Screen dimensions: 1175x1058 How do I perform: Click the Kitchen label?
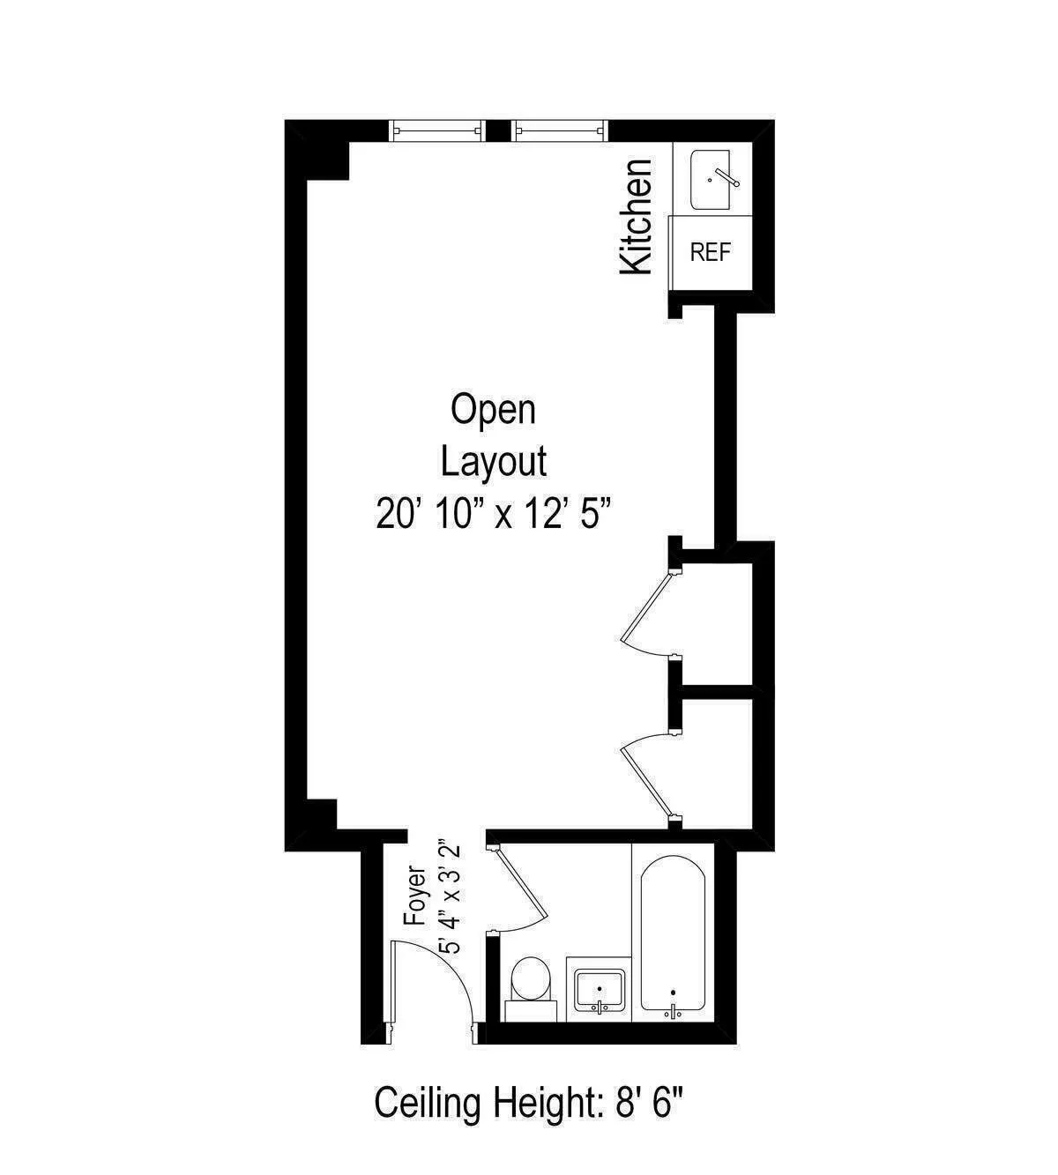click(637, 217)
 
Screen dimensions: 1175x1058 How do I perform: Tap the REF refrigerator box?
click(711, 252)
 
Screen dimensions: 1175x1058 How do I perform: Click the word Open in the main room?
click(493, 410)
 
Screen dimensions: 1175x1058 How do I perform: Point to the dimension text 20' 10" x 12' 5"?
click(494, 513)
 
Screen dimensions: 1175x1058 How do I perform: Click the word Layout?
click(494, 461)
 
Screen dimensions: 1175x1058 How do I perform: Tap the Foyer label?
click(415, 896)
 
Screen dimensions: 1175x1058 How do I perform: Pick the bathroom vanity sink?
click(600, 989)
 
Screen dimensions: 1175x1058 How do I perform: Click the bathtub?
click(673, 934)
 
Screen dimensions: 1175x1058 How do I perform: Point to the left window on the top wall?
click(438, 130)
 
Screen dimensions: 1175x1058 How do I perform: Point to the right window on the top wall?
click(561, 130)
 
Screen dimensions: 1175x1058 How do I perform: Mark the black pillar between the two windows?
click(499, 130)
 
